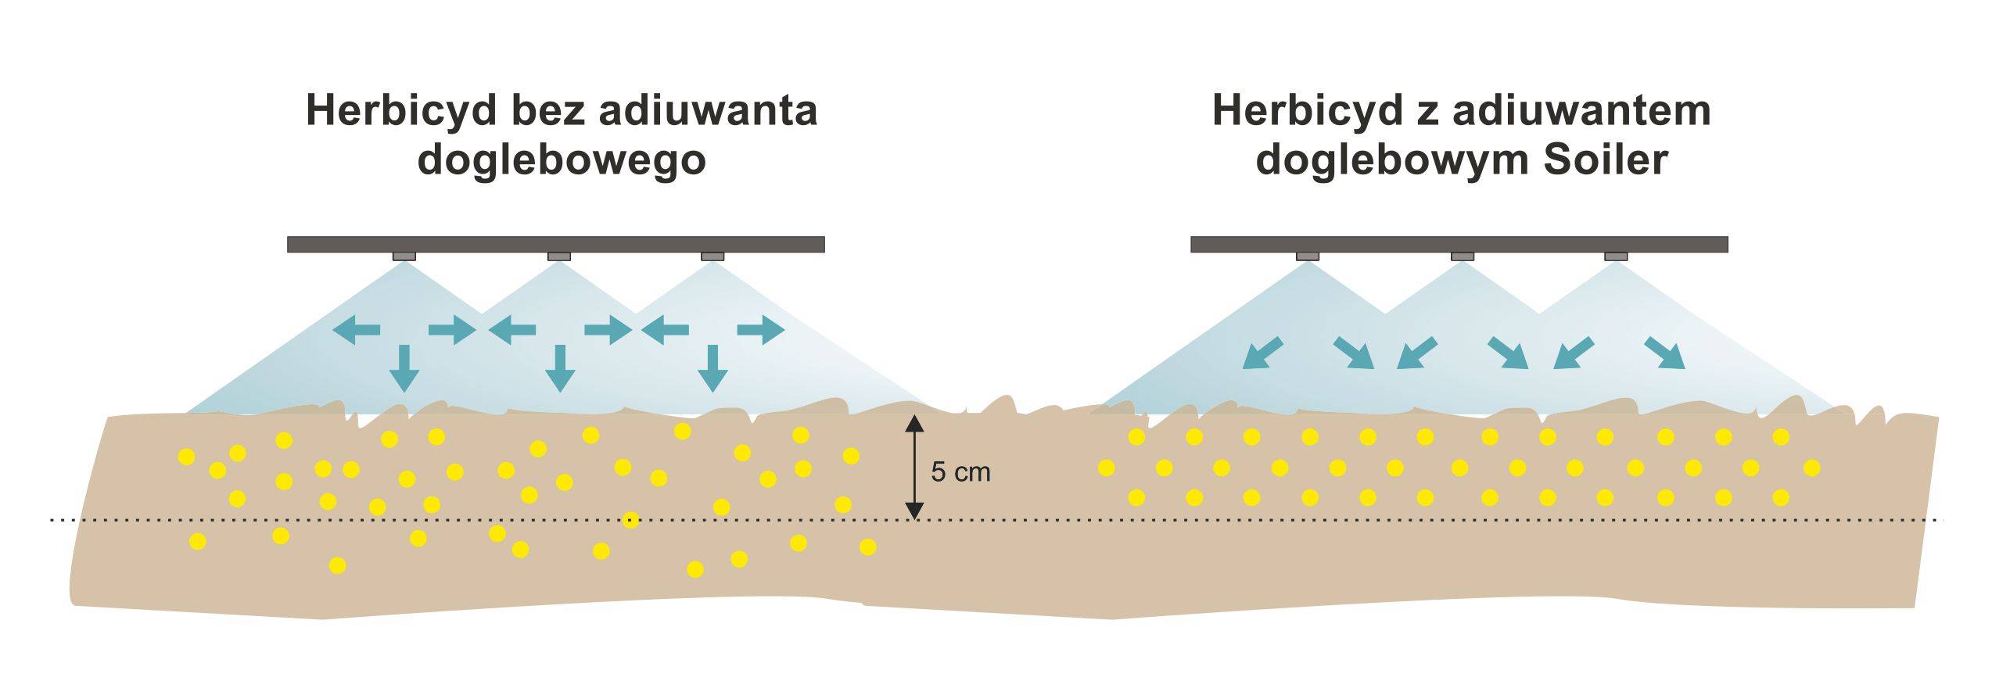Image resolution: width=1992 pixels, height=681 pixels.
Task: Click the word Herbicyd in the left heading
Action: tap(402, 110)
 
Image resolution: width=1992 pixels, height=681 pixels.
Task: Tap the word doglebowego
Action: tap(562, 161)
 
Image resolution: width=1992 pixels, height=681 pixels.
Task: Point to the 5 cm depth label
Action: tap(960, 472)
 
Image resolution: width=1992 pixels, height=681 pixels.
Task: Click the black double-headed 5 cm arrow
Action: tap(914, 468)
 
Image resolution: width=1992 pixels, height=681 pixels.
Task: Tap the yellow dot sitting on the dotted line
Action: tap(630, 520)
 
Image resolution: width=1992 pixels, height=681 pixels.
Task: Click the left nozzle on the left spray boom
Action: tap(404, 256)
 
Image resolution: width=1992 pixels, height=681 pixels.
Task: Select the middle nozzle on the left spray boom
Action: tap(558, 256)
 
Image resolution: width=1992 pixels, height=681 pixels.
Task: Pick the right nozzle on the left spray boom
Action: tap(712, 256)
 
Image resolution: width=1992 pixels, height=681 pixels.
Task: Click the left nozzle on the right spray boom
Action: tap(1307, 256)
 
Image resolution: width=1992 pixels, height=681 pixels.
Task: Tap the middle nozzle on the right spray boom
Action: tap(1462, 256)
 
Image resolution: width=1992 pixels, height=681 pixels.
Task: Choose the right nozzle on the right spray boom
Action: tap(1616, 256)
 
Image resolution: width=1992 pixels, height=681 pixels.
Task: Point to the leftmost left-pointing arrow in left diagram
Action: tap(357, 331)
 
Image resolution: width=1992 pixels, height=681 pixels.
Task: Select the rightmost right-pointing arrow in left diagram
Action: tap(760, 331)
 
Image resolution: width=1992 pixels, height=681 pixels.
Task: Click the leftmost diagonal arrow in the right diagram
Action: tap(1262, 353)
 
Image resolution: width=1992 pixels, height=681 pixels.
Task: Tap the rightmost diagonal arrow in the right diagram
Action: tap(1664, 353)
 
